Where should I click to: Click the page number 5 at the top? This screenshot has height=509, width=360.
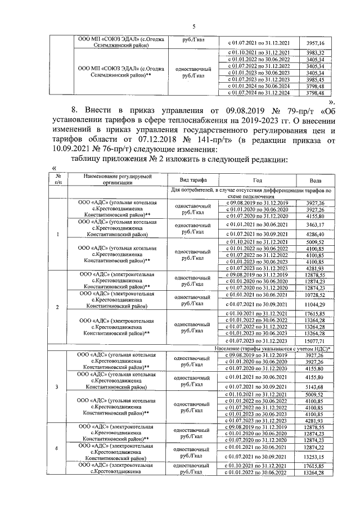click(x=193, y=26)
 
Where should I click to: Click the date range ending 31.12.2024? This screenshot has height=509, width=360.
click(x=257, y=93)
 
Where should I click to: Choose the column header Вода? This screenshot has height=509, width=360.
click(x=316, y=179)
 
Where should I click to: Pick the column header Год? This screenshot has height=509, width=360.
click(x=257, y=179)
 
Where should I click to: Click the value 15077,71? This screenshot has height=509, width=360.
click(x=316, y=341)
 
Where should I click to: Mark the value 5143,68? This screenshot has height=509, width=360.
click(x=316, y=402)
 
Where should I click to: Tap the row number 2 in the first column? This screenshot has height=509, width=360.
click(x=58, y=307)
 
